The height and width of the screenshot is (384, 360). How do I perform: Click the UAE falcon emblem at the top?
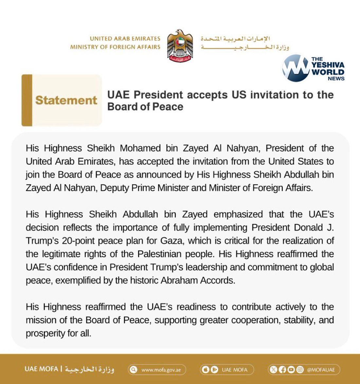180,46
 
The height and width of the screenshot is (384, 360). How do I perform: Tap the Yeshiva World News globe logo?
296,68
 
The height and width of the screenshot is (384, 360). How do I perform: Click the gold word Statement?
66,100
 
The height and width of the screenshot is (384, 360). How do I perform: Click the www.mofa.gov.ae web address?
161,370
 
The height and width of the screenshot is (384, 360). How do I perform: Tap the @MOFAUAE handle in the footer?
321,370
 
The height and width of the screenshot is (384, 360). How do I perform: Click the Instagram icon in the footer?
300,370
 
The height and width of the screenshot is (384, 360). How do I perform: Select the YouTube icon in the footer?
291,370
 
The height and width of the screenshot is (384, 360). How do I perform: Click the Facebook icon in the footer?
282,370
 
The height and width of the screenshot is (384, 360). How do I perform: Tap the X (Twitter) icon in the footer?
274,370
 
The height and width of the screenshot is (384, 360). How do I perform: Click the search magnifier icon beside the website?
134,370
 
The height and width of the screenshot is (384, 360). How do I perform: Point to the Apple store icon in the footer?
206,370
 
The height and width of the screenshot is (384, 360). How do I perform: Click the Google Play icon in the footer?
214,370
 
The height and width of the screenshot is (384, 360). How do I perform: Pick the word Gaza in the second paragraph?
171,241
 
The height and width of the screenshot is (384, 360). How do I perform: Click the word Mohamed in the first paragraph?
140,148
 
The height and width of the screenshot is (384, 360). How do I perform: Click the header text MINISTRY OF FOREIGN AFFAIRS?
115,47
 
